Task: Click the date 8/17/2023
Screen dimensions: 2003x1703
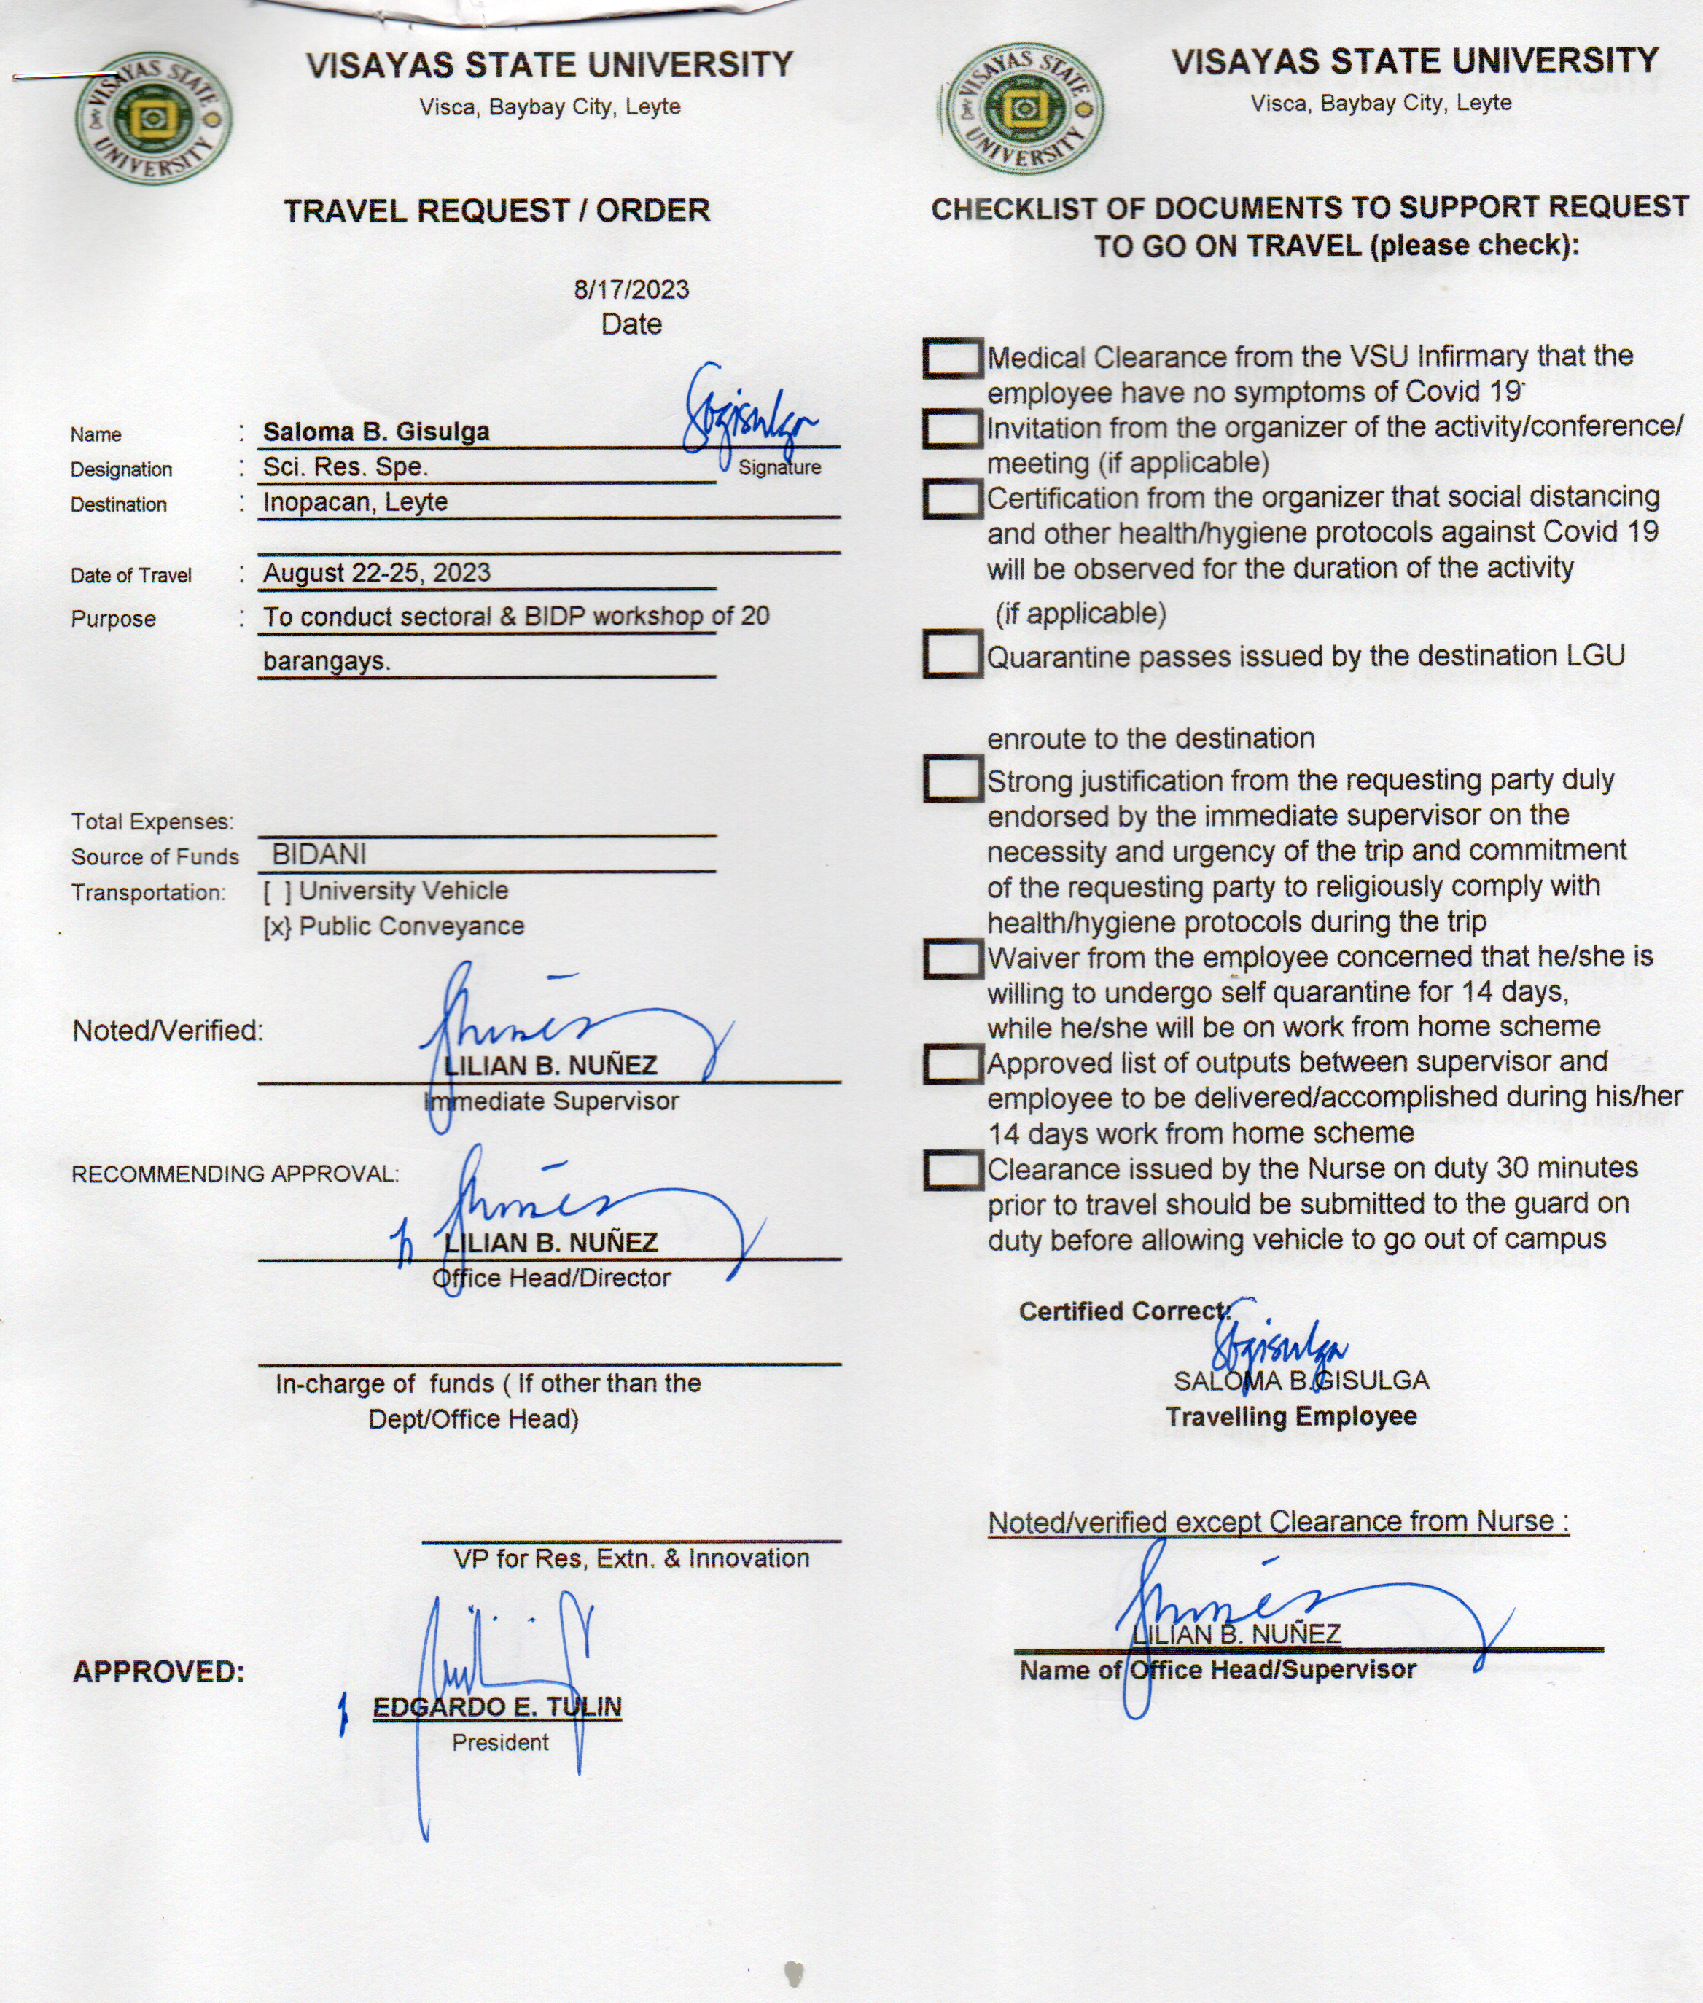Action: tap(631, 289)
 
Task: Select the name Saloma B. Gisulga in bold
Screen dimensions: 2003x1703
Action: tap(375, 432)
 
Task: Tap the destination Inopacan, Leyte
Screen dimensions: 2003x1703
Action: tap(355, 502)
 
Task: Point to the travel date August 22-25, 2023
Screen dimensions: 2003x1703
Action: tap(376, 572)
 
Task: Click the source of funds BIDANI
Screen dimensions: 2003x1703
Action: tap(319, 854)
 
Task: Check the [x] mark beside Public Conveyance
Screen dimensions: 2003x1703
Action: tap(276, 926)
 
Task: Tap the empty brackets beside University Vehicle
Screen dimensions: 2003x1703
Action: tap(276, 891)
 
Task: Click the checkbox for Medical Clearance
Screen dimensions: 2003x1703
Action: tap(952, 358)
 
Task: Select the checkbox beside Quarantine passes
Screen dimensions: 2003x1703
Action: tap(952, 655)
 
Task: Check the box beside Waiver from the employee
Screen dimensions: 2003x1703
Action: tap(952, 958)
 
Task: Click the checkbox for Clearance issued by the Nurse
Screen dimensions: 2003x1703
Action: tap(952, 1170)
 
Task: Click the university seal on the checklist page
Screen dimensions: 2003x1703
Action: tap(1025, 110)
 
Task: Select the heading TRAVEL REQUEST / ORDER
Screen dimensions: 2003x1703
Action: tap(496, 211)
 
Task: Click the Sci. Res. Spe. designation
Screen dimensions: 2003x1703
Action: tap(345, 467)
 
